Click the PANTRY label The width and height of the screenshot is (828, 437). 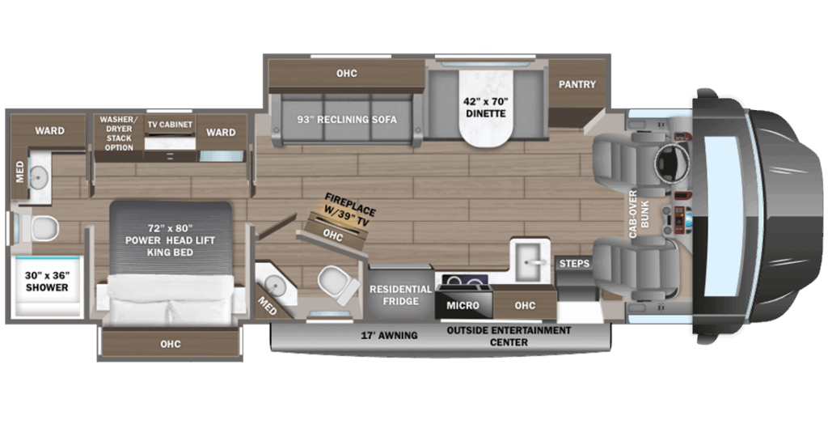point(577,84)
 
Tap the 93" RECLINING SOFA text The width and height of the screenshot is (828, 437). point(346,120)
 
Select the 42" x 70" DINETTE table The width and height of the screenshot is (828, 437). point(486,106)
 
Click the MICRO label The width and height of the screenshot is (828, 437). point(463,305)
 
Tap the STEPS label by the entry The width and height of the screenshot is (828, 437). point(574,263)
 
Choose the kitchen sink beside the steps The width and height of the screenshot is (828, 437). point(530,260)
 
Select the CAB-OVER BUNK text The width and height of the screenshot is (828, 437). point(639,214)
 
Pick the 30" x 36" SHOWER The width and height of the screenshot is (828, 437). point(47,287)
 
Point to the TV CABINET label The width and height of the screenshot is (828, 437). point(170,125)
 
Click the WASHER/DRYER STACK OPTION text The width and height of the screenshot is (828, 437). point(119,134)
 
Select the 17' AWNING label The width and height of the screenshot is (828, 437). point(389,335)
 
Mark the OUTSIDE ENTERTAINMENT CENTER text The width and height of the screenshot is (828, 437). point(509,336)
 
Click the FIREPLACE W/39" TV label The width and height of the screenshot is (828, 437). point(349,210)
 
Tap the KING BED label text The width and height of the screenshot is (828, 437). point(170,252)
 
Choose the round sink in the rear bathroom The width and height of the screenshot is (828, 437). point(38,177)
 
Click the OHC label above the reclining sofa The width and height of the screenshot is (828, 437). point(346,74)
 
